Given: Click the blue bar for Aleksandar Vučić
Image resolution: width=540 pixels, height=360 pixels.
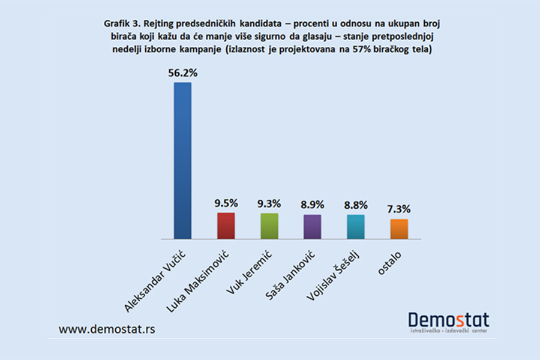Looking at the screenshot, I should [x=182, y=161].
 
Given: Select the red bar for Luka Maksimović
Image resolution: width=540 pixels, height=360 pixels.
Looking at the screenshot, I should [x=226, y=226].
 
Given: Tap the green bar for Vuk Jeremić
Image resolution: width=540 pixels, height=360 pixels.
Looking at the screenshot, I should [x=269, y=226].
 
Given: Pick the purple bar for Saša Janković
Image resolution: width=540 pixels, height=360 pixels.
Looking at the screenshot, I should [x=312, y=226].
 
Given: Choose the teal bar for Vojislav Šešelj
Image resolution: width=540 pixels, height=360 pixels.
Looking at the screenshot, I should [x=355, y=226].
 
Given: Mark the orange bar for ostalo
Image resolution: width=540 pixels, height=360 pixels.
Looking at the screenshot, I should [x=398, y=229].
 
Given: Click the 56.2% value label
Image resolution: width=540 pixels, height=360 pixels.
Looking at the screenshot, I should [x=182, y=73].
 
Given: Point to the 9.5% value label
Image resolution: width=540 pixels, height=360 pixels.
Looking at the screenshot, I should [x=226, y=203].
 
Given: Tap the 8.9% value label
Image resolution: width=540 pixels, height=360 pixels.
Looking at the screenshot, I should [x=312, y=205].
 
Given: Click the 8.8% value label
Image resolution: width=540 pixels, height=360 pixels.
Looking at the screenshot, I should [x=355, y=205].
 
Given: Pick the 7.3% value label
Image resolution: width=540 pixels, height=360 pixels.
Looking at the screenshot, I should [x=398, y=209].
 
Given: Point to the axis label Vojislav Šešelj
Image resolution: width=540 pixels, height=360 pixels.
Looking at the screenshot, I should [x=328, y=275].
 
